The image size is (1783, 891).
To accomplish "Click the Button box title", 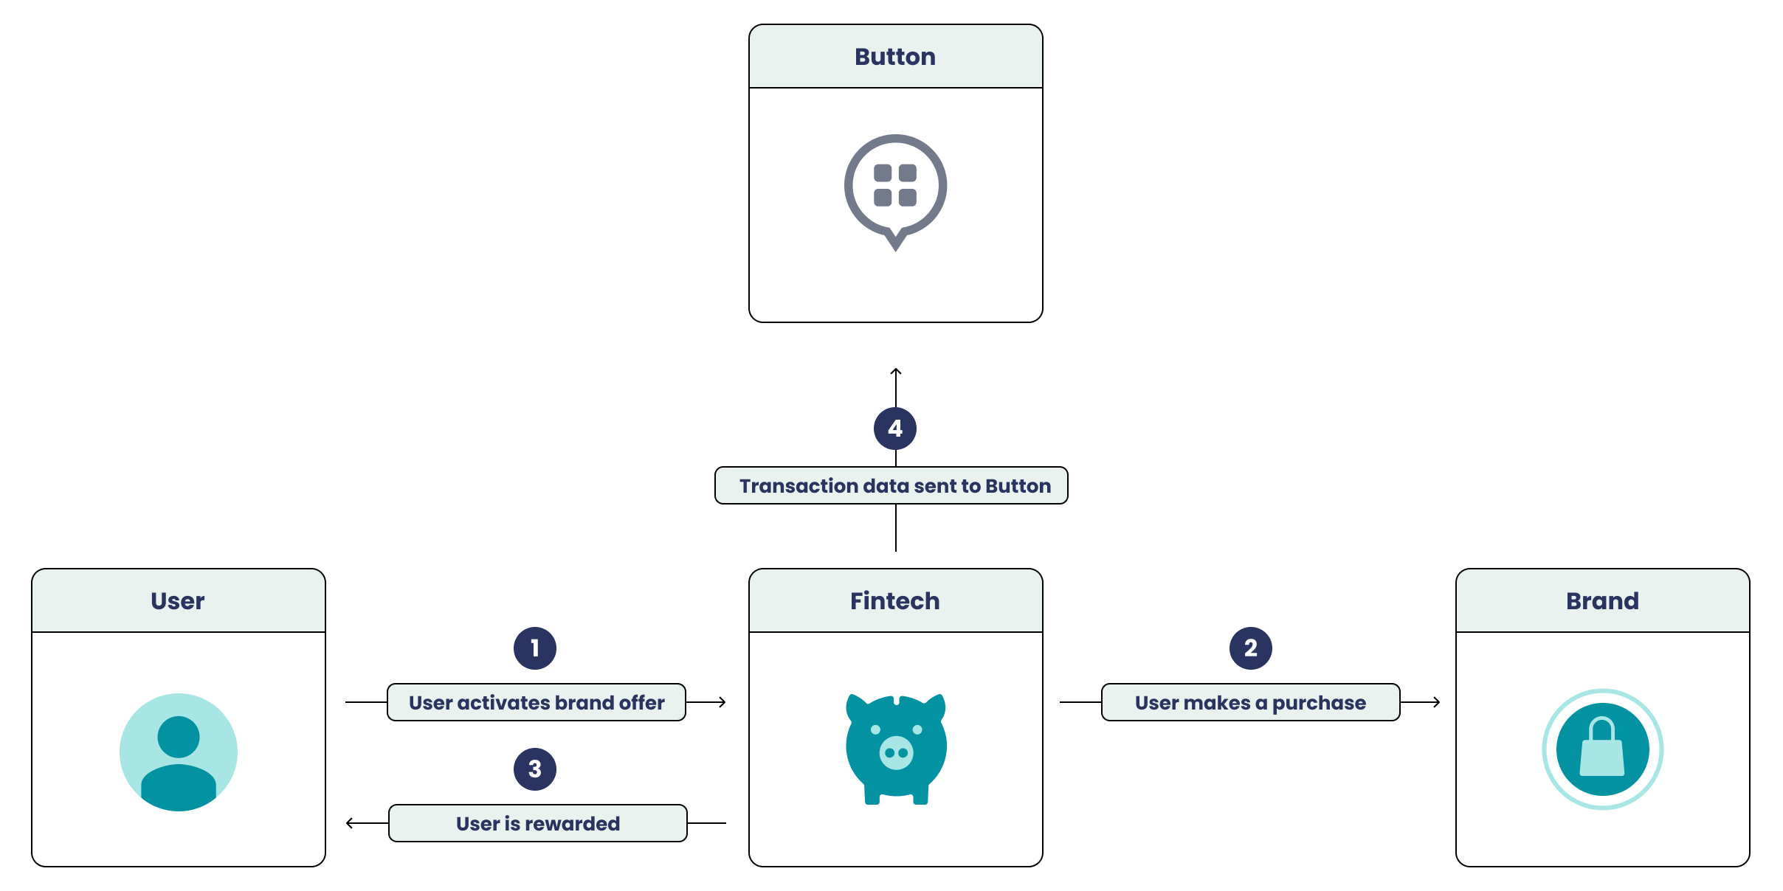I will click(x=895, y=57).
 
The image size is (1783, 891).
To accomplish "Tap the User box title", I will click(x=178, y=601).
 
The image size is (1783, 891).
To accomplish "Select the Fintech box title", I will click(x=895, y=601).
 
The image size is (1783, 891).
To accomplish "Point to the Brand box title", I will click(x=1602, y=601).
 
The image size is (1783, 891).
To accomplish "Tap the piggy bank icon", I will click(x=896, y=748).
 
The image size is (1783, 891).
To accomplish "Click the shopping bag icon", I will click(x=1602, y=749).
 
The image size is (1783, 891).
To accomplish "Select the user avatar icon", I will click(x=179, y=752).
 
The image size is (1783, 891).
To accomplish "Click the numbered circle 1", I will click(x=535, y=648).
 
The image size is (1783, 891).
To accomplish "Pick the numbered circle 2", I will click(x=1251, y=648).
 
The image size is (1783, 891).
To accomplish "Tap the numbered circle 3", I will click(x=535, y=769).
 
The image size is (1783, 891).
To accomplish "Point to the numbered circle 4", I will click(x=895, y=429).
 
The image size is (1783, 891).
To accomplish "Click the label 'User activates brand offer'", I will click(x=537, y=702).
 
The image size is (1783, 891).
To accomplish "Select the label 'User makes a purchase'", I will click(x=1250, y=702).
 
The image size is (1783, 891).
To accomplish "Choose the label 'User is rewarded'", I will click(x=538, y=823).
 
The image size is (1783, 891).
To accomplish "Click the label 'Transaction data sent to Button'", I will click(x=895, y=485).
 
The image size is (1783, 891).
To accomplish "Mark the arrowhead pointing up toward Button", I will click(x=896, y=371).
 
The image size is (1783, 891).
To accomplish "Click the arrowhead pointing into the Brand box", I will click(x=1437, y=702).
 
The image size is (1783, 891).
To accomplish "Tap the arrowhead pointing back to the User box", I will click(x=349, y=823).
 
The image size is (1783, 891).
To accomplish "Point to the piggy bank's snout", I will click(x=897, y=752).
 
